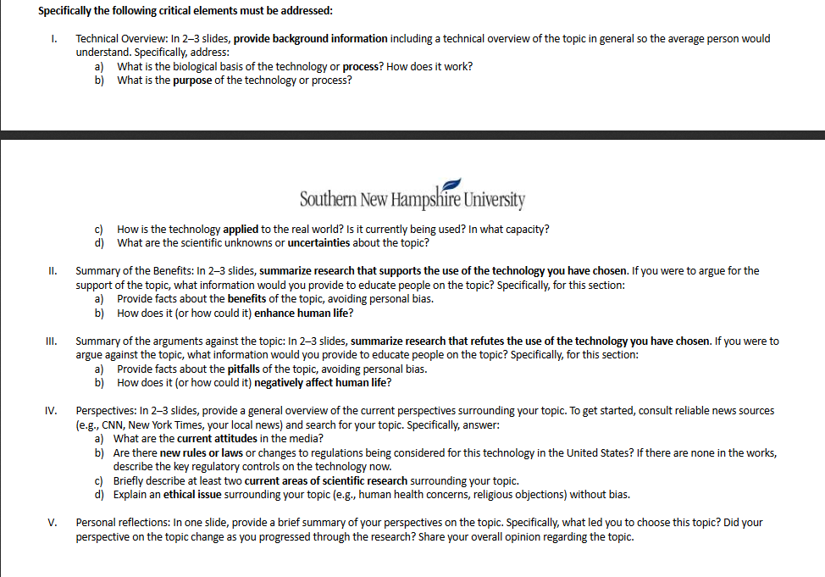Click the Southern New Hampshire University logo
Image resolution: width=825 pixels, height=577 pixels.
coord(412,197)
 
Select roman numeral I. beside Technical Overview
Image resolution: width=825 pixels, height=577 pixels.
coord(53,39)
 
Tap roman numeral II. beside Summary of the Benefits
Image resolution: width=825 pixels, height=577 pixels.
coord(53,271)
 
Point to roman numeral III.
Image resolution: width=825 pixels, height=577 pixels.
coord(52,341)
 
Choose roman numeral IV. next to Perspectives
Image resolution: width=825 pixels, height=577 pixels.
coord(51,411)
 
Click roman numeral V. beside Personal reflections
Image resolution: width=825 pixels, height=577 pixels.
coord(53,523)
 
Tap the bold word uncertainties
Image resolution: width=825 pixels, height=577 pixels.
coord(326,243)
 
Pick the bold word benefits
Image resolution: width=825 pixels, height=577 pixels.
coord(245,299)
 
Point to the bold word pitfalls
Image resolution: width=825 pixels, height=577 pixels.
coord(242,369)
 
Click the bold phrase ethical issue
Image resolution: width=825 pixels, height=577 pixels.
coord(192,495)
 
